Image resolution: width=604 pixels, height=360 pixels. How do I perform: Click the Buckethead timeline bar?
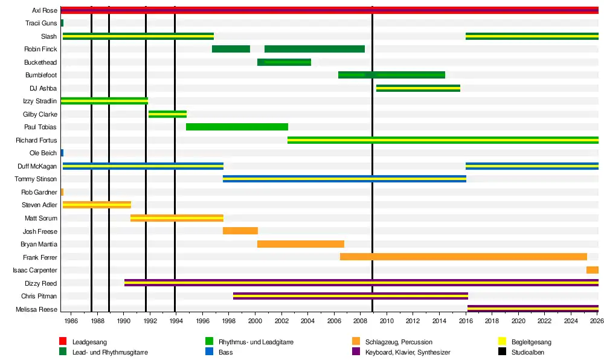[x=284, y=62]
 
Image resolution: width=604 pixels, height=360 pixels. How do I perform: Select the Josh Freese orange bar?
[x=240, y=231]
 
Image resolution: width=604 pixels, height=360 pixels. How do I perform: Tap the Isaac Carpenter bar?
[x=593, y=270]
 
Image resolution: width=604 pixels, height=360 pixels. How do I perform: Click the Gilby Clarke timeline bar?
[x=167, y=114]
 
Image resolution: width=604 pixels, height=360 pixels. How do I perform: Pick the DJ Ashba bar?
[x=418, y=88]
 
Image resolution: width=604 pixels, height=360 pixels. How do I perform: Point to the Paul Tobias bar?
[x=237, y=127]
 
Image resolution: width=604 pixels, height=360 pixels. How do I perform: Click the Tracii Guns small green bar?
[x=62, y=23]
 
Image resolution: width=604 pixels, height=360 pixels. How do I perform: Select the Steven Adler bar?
[x=97, y=205]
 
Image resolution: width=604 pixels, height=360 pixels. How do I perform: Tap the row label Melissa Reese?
[x=36, y=309]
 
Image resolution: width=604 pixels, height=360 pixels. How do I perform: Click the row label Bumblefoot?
[x=41, y=75]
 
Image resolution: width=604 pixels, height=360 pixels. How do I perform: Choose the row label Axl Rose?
[x=45, y=10]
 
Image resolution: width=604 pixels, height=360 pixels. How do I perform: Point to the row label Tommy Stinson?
[x=36, y=179]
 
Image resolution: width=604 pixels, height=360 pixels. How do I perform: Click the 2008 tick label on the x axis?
[x=360, y=321]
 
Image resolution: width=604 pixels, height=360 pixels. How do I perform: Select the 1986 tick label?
[x=71, y=321]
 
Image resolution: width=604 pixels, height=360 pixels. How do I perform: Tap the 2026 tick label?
[x=597, y=321]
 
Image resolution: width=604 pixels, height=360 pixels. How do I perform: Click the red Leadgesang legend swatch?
[x=63, y=341]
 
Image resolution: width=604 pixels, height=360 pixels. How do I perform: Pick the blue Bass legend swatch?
[x=209, y=351]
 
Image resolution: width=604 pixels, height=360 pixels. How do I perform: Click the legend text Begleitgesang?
[x=531, y=342]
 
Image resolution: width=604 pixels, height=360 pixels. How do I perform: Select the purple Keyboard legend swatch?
[x=356, y=351]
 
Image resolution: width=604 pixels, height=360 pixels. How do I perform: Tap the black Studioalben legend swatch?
[x=502, y=351]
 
